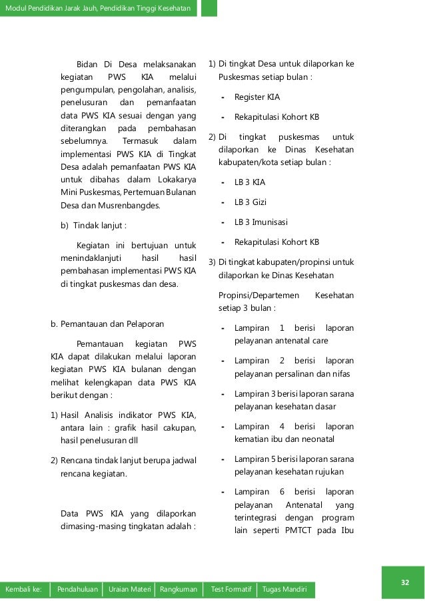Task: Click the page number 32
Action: (x=404, y=583)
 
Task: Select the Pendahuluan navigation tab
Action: (x=78, y=590)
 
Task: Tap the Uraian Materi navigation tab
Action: (x=130, y=590)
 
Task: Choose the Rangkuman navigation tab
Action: (x=177, y=590)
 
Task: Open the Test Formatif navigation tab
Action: (x=230, y=590)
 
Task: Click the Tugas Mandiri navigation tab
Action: (x=284, y=590)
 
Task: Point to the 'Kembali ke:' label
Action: (x=24, y=590)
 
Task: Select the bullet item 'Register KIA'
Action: (x=256, y=97)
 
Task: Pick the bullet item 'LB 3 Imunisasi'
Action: (x=261, y=222)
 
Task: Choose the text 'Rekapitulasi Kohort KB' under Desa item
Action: (x=276, y=117)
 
